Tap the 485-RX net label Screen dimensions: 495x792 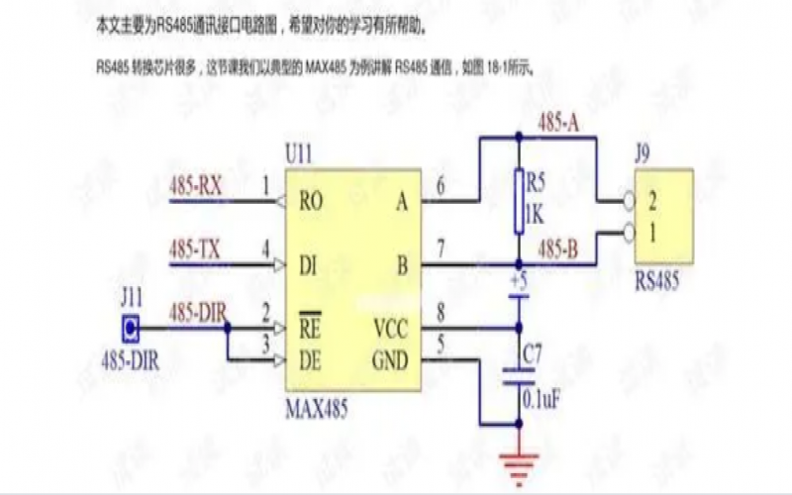[x=195, y=185]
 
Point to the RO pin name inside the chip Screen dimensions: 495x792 [x=311, y=202]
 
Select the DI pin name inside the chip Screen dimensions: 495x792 [x=308, y=264]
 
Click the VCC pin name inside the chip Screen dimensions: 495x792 [x=390, y=329]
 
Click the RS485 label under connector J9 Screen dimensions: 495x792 [x=657, y=280]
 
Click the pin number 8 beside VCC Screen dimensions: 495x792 [x=441, y=315]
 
